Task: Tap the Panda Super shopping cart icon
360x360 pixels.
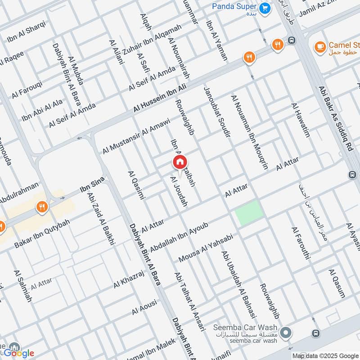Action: (x=265, y=7)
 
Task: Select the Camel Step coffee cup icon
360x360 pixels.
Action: (x=320, y=45)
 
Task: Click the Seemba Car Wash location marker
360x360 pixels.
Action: (x=285, y=333)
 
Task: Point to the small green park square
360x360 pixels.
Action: (x=249, y=213)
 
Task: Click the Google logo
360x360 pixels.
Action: (x=19, y=353)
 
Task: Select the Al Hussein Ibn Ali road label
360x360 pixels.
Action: (x=165, y=95)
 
